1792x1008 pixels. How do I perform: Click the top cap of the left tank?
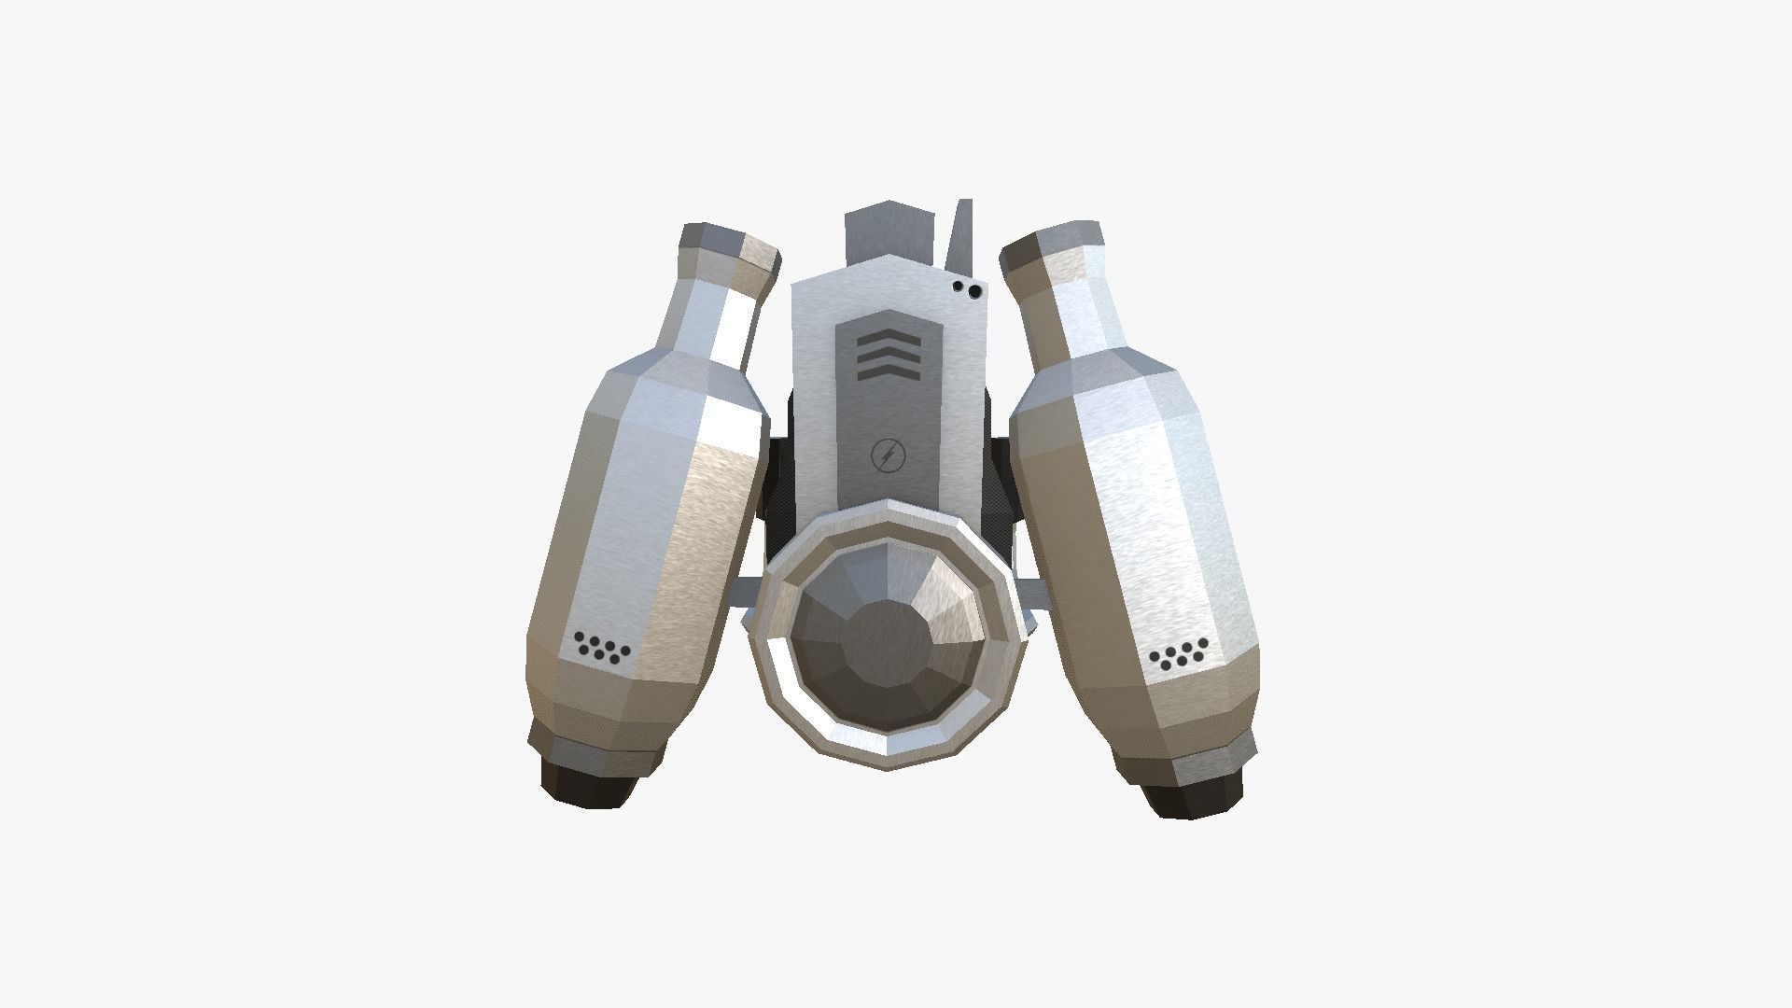[x=730, y=246]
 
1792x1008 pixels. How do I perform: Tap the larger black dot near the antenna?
[x=975, y=292]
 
